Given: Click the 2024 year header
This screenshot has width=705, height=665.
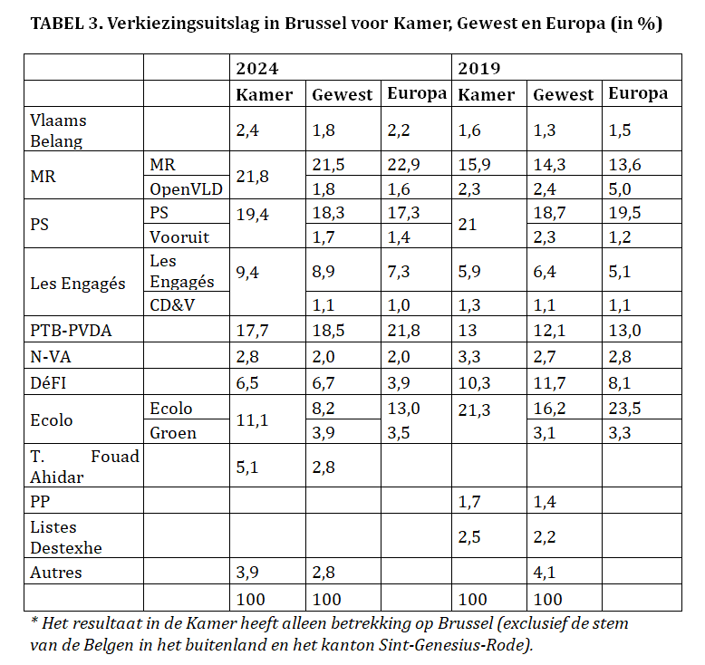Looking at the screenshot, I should point(257,68).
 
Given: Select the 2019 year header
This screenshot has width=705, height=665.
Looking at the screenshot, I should point(479,68).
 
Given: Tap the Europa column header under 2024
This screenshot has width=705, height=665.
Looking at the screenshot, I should point(416,93).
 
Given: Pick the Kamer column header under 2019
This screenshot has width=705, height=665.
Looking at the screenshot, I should point(486,94).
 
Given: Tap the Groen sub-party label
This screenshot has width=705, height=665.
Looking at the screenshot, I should point(173,432).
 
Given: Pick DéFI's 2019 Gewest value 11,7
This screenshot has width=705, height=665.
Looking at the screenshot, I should point(549,384).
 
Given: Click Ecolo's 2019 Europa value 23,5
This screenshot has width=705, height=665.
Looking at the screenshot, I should point(624,409).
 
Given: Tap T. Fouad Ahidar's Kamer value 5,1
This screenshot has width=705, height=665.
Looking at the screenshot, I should point(247,467).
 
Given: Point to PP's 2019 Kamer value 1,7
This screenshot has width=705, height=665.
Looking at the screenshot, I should point(470,499).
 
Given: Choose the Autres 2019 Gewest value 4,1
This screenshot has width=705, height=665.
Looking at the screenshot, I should point(546,573).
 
